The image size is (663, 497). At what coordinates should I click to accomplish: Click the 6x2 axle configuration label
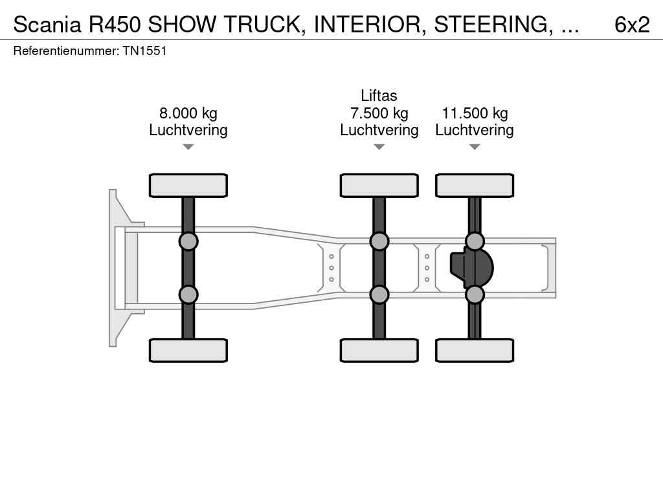click(631, 24)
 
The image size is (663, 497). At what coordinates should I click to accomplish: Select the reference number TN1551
click(144, 50)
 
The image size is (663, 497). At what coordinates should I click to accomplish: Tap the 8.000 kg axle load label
click(188, 113)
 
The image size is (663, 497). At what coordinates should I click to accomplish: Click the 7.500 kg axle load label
click(379, 113)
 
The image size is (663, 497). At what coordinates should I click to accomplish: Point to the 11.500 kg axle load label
click(475, 113)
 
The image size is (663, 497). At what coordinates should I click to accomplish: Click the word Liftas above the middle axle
click(379, 96)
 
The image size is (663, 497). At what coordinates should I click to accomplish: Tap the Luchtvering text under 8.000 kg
click(188, 130)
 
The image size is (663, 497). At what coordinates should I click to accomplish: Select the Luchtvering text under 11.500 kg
click(475, 130)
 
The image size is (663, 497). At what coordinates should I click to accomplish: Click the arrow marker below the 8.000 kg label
click(188, 147)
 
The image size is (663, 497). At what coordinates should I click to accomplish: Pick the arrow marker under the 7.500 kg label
click(379, 147)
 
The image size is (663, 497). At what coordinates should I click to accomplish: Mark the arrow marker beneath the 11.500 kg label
click(475, 147)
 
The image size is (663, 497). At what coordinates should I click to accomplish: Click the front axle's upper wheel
click(188, 185)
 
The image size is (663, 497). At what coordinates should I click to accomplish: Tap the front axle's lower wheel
click(188, 350)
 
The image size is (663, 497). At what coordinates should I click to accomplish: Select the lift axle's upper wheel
click(379, 185)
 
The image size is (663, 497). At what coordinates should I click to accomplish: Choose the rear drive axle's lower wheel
click(475, 350)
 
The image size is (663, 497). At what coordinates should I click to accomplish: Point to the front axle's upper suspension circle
click(188, 241)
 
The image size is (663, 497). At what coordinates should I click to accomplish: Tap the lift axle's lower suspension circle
click(379, 294)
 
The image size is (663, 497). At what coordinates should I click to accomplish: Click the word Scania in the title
click(47, 24)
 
